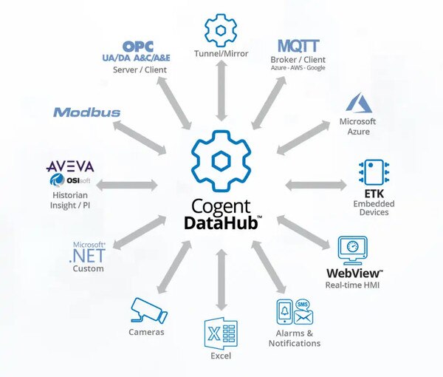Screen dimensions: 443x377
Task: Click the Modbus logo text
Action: point(86,112)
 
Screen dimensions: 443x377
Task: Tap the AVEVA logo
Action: point(70,166)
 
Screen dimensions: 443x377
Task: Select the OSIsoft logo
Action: point(70,180)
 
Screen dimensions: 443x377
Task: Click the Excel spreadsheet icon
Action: point(221,333)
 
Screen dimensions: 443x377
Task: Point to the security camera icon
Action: point(149,310)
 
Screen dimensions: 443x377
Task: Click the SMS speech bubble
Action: point(302,305)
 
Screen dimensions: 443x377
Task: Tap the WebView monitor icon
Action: point(353,251)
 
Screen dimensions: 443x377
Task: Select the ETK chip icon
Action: point(374,172)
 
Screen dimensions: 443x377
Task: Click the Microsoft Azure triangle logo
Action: point(359,102)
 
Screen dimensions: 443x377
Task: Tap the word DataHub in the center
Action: point(221,222)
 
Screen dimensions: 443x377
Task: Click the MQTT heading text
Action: point(298,46)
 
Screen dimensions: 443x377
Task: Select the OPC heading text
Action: point(138,47)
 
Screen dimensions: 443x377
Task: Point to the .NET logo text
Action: point(87,256)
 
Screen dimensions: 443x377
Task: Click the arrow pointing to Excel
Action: point(221,280)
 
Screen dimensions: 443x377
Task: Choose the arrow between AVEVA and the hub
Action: point(127,186)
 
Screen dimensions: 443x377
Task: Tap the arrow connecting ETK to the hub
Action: point(316,186)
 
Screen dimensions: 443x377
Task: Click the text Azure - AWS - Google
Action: point(298,68)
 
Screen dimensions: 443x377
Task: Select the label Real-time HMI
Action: point(352,285)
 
